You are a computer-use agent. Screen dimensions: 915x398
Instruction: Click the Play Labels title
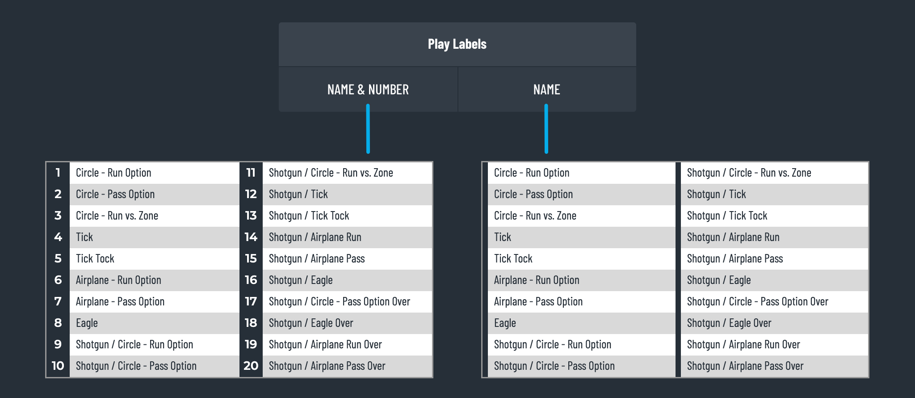coord(457,44)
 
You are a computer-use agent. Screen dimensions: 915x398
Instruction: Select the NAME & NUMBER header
coord(368,89)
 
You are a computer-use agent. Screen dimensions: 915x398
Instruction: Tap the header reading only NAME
coord(546,89)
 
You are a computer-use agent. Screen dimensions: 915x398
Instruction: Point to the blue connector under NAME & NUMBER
coord(368,129)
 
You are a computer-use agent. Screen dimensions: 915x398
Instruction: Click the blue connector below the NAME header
coord(546,129)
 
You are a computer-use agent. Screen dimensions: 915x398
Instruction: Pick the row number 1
coord(58,173)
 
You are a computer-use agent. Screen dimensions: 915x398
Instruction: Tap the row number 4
coord(58,237)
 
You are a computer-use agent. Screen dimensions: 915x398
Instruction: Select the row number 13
coord(251,216)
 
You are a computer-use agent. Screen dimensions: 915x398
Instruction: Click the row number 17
coord(251,301)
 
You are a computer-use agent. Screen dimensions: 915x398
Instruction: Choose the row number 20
coord(251,366)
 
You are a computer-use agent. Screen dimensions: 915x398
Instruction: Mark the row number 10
coord(58,366)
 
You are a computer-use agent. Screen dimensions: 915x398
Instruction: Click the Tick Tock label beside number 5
coord(95,258)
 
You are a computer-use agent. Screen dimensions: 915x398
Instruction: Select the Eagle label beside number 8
coord(87,323)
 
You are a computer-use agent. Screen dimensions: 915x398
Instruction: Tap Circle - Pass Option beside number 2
coord(115,194)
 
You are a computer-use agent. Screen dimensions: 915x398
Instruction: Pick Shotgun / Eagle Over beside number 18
coord(311,323)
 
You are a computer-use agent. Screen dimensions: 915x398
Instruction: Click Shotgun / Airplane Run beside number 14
coord(315,237)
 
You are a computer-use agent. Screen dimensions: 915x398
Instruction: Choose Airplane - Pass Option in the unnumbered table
coord(538,302)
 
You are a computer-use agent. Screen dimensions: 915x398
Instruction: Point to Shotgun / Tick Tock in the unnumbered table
coord(727,216)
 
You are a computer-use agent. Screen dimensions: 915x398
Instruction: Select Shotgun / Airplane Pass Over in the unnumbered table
coord(745,366)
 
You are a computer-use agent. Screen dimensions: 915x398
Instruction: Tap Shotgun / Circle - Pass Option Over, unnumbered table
coord(758,302)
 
